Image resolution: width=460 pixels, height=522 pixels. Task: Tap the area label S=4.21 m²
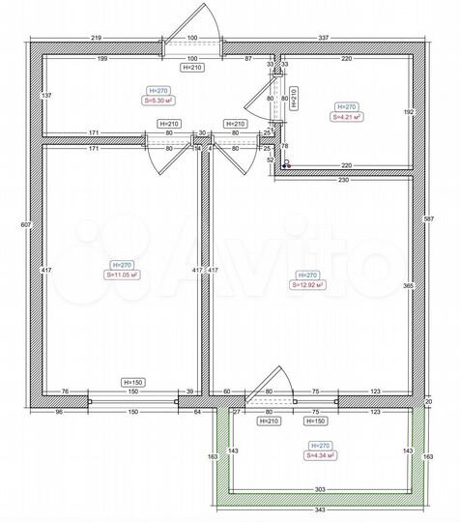347,117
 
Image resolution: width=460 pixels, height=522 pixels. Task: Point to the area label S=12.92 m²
306,285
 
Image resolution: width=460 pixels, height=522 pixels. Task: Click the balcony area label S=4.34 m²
320,454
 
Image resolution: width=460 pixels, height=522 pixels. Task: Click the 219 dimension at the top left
97,38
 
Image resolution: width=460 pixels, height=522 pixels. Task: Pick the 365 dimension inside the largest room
408,286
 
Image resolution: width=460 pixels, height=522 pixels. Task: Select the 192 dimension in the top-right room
408,112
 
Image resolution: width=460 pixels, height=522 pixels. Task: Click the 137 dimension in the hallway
45,98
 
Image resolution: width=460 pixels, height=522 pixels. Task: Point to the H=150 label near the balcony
314,421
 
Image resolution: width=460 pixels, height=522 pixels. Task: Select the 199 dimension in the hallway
101,59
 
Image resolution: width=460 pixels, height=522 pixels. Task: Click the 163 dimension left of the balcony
213,455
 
